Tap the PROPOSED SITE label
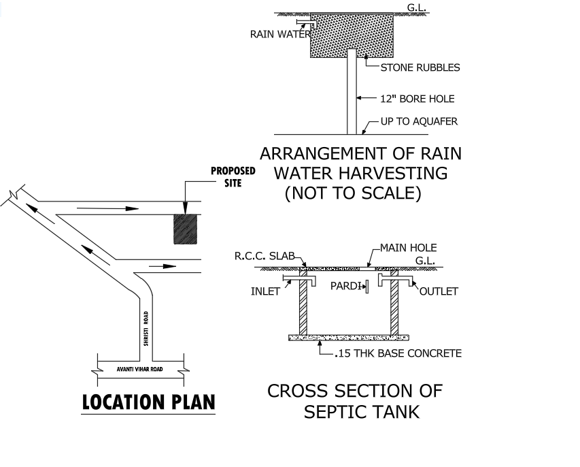tap(233, 177)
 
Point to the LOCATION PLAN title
tap(148, 403)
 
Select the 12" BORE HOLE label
tap(417, 99)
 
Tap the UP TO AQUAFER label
tap(419, 122)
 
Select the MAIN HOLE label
tap(408, 248)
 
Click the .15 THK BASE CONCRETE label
tap(398, 353)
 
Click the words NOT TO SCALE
tap(354, 193)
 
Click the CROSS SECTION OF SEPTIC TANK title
tap(354, 401)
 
